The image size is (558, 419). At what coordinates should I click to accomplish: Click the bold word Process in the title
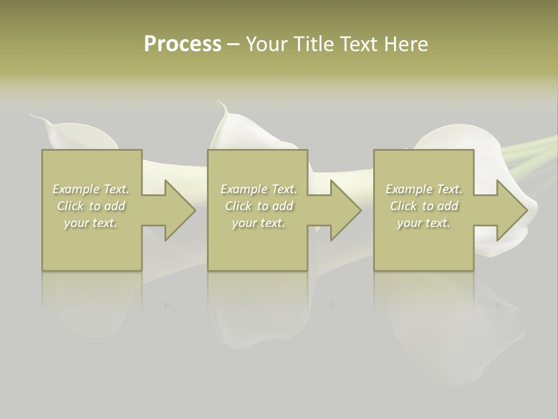pos(183,44)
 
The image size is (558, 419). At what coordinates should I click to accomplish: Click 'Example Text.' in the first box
pos(91,189)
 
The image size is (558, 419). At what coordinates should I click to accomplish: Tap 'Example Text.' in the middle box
pos(259,189)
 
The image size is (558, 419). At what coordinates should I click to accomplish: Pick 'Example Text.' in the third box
pos(424,189)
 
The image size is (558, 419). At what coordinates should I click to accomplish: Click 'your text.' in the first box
pos(91,222)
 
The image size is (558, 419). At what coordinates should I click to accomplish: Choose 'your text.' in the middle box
pos(259,222)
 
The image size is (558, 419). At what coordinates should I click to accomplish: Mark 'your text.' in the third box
pos(424,222)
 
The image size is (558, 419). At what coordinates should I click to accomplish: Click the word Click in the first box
pos(70,206)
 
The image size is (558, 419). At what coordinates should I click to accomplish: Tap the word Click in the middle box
pos(238,206)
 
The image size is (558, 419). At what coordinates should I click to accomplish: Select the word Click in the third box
pos(403,206)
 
